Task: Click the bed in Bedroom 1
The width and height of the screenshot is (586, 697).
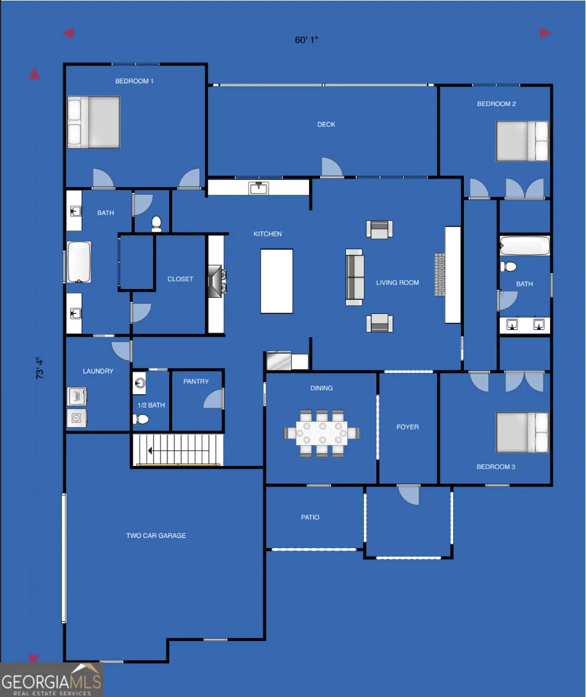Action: pos(93,122)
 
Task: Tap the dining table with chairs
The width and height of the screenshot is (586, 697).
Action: pos(322,434)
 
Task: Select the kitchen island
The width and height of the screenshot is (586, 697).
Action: pos(276,281)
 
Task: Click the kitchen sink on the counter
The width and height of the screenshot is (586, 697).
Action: pos(258,188)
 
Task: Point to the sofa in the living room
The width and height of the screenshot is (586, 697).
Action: pos(354,278)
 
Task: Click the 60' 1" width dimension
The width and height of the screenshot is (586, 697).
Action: pos(307,40)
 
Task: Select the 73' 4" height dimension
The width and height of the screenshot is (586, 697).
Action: pos(39,368)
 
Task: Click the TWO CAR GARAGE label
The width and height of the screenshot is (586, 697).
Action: pos(156,536)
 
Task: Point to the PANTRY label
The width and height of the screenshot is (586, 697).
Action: pos(196,381)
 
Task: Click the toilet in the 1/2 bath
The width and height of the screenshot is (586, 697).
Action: pos(141,419)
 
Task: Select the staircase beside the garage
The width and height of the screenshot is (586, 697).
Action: pos(177,450)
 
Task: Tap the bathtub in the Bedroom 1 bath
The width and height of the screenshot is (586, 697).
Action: pos(79,262)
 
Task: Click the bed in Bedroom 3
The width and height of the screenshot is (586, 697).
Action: pos(522,432)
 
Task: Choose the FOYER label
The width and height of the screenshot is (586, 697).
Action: pos(407,427)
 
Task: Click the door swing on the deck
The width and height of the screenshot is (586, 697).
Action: pos(332,167)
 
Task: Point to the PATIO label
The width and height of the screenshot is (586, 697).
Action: pos(310,518)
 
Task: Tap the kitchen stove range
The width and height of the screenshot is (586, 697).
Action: pos(217,281)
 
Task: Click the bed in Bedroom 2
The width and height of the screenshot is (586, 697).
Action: pos(522,141)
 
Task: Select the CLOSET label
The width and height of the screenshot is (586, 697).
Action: pos(180,279)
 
